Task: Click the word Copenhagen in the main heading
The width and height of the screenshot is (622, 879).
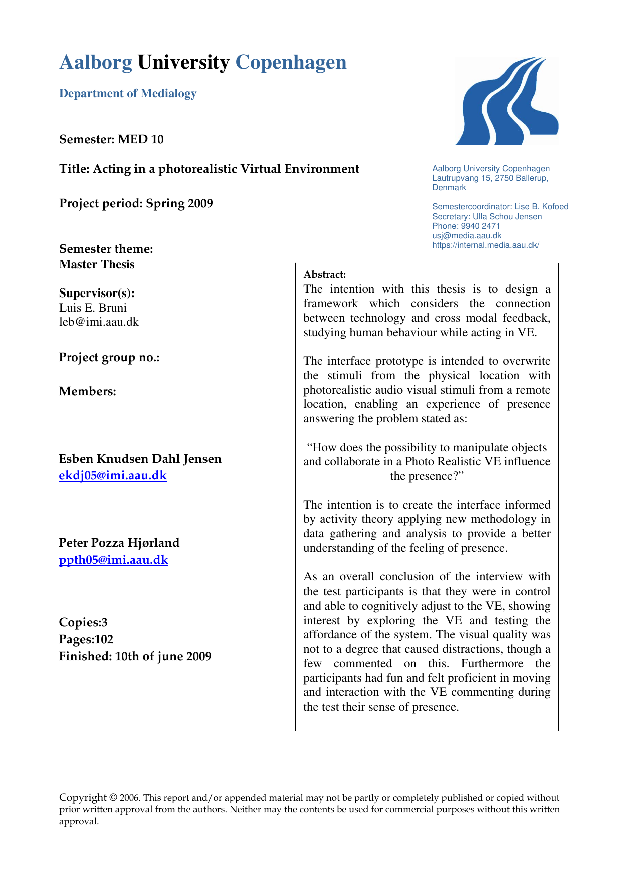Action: pyautogui.click(x=291, y=63)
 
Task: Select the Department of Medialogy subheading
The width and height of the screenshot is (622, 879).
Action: pyautogui.click(x=128, y=93)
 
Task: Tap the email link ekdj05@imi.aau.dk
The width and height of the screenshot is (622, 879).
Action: pyautogui.click(x=113, y=475)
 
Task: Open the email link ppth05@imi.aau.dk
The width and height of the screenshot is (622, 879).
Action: pyautogui.click(x=113, y=560)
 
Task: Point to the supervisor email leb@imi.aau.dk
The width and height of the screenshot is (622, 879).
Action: pyautogui.click(x=99, y=322)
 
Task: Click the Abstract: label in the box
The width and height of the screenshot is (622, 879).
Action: pyautogui.click(x=325, y=274)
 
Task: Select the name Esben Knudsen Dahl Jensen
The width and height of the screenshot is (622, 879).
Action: pyautogui.click(x=140, y=459)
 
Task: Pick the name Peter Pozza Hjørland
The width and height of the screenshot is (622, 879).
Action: pyautogui.click(x=119, y=543)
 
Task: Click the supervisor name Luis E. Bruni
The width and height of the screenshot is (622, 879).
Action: pyautogui.click(x=93, y=308)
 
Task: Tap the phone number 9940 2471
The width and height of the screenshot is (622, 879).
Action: pyautogui.click(x=480, y=226)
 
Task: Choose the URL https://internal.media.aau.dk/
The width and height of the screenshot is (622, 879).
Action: pyautogui.click(x=485, y=245)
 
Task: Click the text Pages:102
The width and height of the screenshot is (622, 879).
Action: pyautogui.click(x=86, y=639)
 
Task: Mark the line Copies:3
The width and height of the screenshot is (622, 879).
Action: pyautogui.click(x=83, y=622)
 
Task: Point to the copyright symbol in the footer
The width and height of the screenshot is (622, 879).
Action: pyautogui.click(x=113, y=798)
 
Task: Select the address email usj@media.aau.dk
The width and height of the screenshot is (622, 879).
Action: pyautogui.click(x=467, y=235)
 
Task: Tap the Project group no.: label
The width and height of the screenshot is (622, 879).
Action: pyautogui.click(x=109, y=357)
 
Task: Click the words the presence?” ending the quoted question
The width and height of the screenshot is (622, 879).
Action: pyautogui.click(x=427, y=476)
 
